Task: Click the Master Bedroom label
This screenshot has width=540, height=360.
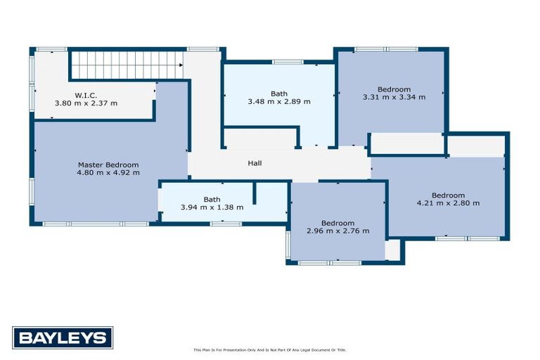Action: pyautogui.click(x=108, y=165)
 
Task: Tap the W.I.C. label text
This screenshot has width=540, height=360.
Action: pyautogui.click(x=86, y=95)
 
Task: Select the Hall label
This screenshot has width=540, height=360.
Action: pyautogui.click(x=255, y=163)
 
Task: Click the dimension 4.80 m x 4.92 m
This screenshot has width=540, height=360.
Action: pyautogui.click(x=108, y=172)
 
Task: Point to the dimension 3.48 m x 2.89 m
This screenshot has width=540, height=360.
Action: pyautogui.click(x=279, y=101)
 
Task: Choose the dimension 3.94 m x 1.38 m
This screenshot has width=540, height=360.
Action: pyautogui.click(x=212, y=207)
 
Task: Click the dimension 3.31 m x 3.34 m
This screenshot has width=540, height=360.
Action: pyautogui.click(x=394, y=97)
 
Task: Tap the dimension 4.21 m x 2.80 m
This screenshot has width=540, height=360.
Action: pyautogui.click(x=448, y=203)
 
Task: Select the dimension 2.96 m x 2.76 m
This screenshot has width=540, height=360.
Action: pyautogui.click(x=338, y=231)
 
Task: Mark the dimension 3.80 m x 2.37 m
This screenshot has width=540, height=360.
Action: pyautogui.click(x=86, y=103)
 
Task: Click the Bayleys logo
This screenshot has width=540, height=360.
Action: pyautogui.click(x=63, y=337)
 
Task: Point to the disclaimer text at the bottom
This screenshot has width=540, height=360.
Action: pyautogui.click(x=270, y=349)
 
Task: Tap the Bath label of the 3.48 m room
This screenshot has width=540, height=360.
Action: pyautogui.click(x=279, y=94)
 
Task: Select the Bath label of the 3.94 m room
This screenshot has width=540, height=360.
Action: pyautogui.click(x=212, y=199)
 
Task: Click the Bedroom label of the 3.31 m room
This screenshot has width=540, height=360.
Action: pyautogui.click(x=394, y=89)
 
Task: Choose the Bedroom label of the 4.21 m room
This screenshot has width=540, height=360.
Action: pyautogui.click(x=448, y=195)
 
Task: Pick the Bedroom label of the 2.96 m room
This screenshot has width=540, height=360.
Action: pyautogui.click(x=338, y=223)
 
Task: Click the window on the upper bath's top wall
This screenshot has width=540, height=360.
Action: pyautogui.click(x=283, y=63)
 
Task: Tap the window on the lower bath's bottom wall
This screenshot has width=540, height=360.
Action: pyautogui.click(x=224, y=224)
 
